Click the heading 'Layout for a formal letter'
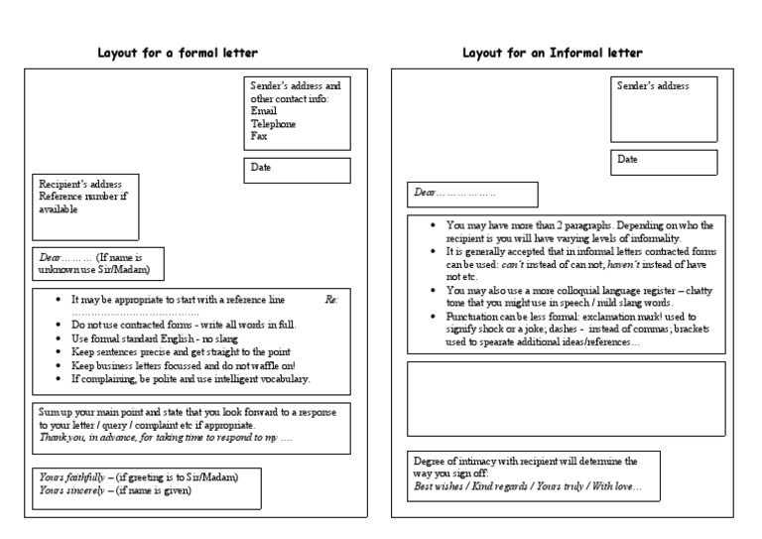click(184, 53)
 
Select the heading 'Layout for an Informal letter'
click(553, 53)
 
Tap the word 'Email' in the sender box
click(265, 111)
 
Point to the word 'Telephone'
click(275, 124)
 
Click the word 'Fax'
click(260, 136)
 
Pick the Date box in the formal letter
click(297, 171)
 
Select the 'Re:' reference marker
click(331, 299)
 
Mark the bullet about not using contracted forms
click(184, 325)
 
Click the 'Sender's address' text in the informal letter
click(653, 86)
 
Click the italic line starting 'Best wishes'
click(528, 487)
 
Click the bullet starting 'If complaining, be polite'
click(190, 378)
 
